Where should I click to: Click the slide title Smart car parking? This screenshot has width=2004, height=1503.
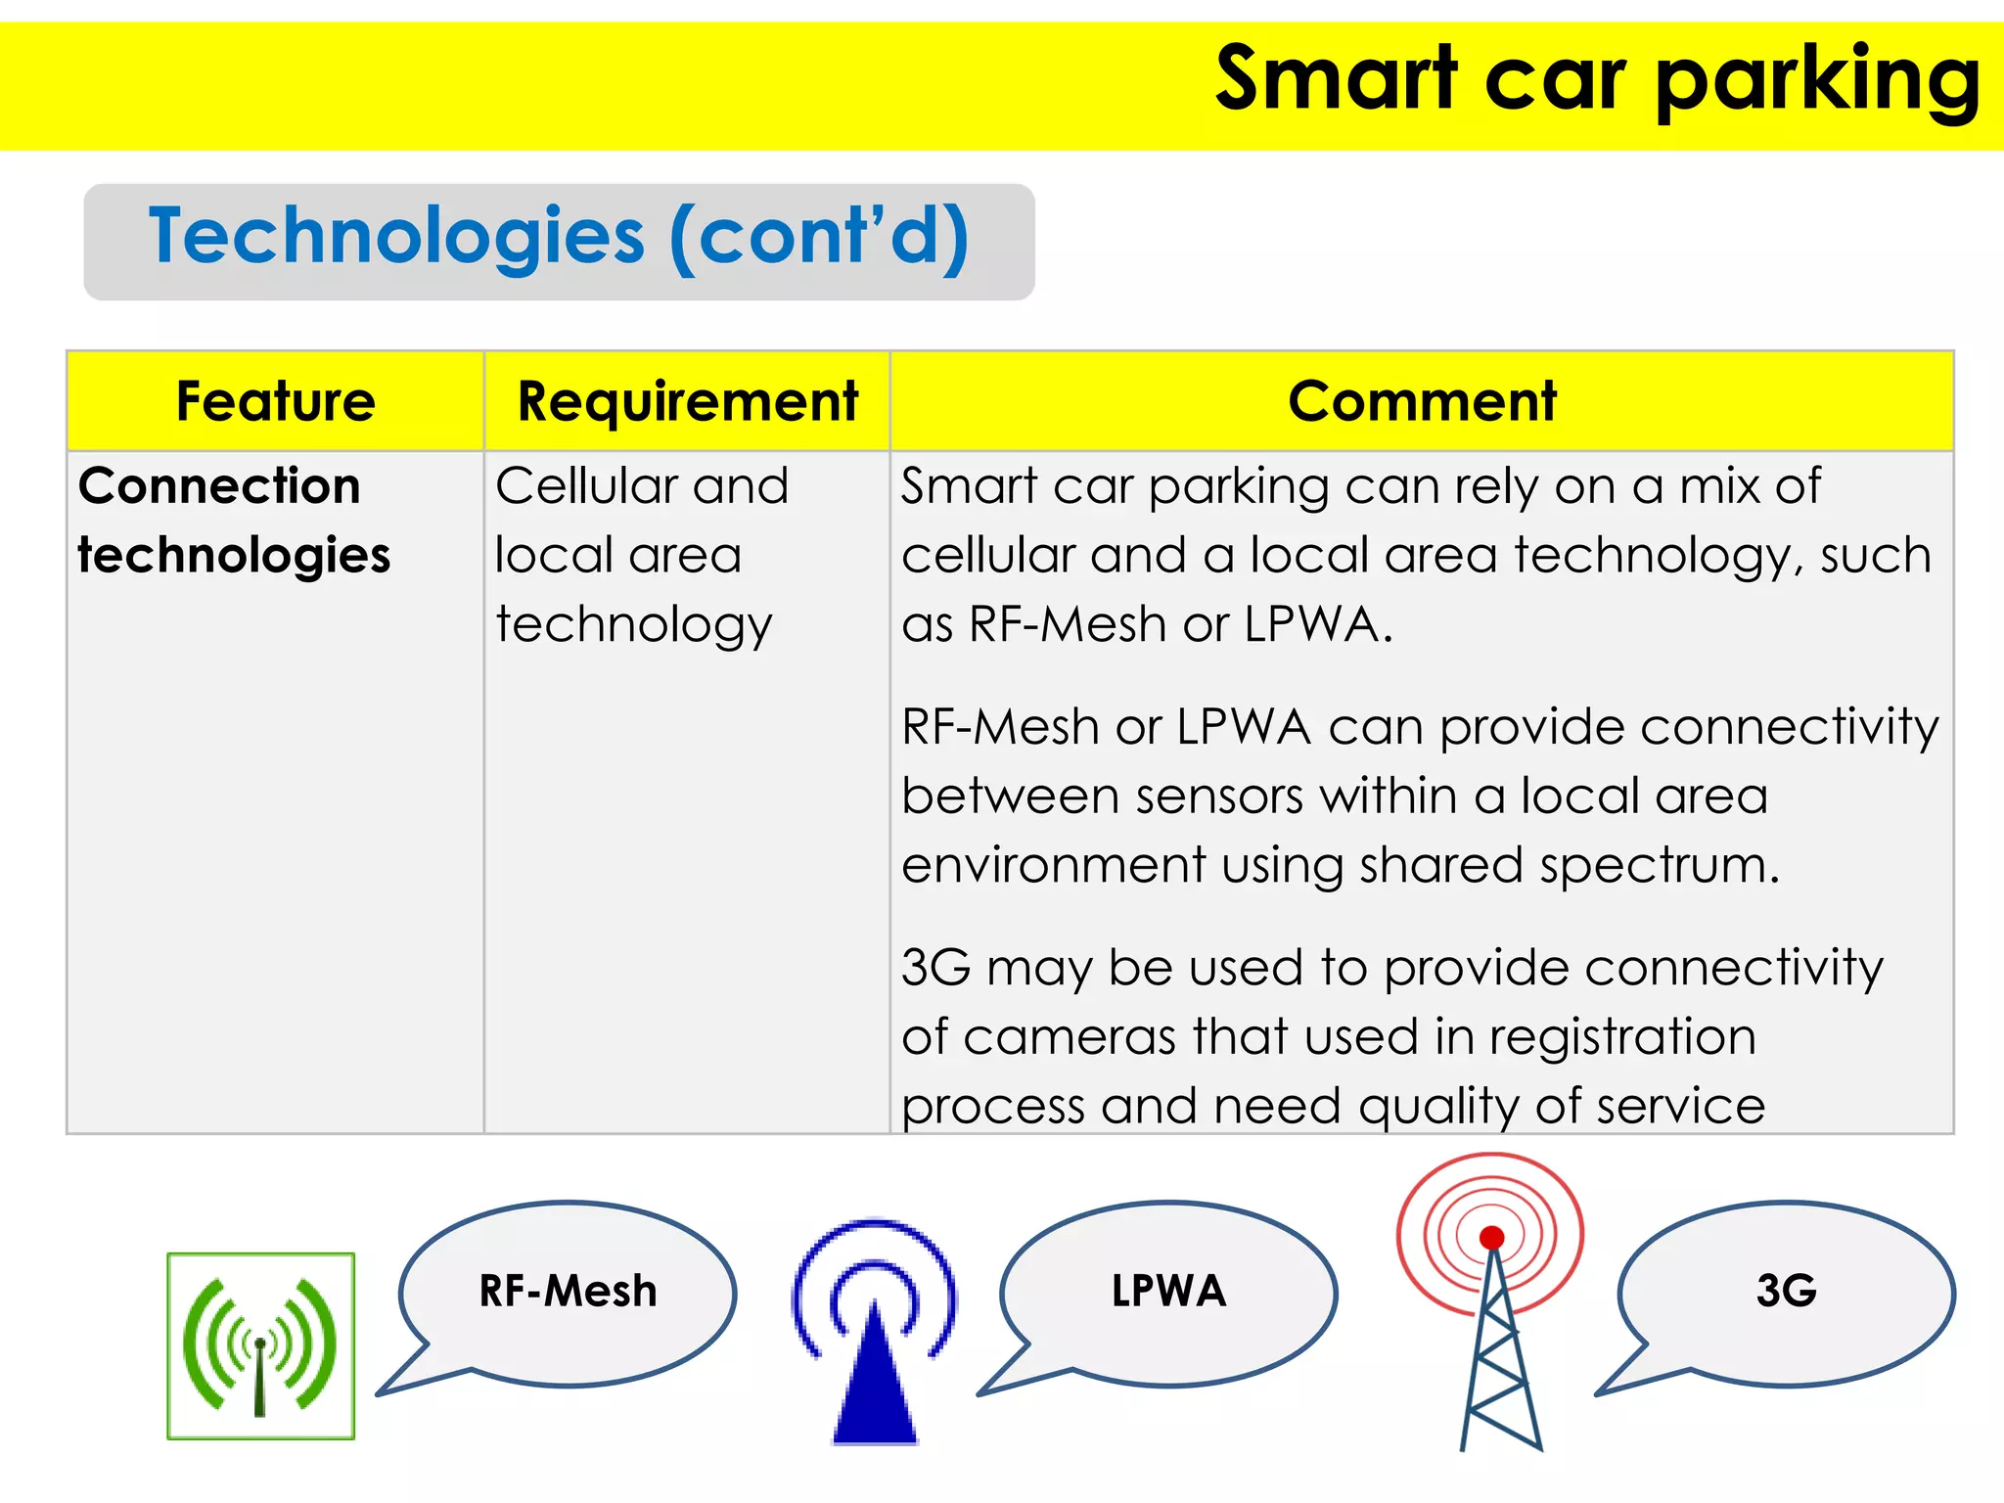[1597, 80]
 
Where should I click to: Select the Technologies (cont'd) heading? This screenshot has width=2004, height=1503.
[559, 238]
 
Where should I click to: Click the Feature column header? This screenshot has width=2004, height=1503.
[276, 401]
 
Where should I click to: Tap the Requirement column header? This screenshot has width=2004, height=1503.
[687, 401]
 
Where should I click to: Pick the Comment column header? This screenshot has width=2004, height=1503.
[1421, 401]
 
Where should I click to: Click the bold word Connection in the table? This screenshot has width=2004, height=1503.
[219, 486]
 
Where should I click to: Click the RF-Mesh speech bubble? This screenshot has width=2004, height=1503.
[569, 1292]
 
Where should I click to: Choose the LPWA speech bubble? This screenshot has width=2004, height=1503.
[1168, 1292]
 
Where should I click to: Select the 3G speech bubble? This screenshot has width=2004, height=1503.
[1786, 1292]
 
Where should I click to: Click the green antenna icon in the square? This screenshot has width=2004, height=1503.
[260, 1346]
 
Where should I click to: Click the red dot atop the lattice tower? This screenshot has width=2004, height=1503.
[1491, 1238]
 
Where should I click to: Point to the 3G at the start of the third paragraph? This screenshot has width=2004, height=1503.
[935, 968]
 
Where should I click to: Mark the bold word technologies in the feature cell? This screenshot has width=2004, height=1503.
[234, 556]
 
